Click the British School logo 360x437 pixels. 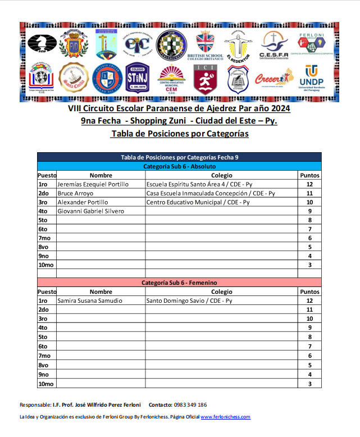pos(206,45)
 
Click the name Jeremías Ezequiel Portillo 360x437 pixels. pos(93,184)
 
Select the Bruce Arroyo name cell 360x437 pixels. pos(76,193)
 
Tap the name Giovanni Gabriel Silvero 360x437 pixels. pos(90,211)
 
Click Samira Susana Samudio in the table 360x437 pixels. pos(90,301)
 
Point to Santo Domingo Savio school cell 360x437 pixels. pos(185,301)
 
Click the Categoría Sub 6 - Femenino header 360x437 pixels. pos(179,283)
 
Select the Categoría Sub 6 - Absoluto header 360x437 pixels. pos(179,167)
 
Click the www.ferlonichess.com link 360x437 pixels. pos(225,417)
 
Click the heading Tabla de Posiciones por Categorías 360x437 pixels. pos(179,134)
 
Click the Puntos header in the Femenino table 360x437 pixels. pos(309,292)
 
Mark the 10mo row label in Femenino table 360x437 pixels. pos(46,384)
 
